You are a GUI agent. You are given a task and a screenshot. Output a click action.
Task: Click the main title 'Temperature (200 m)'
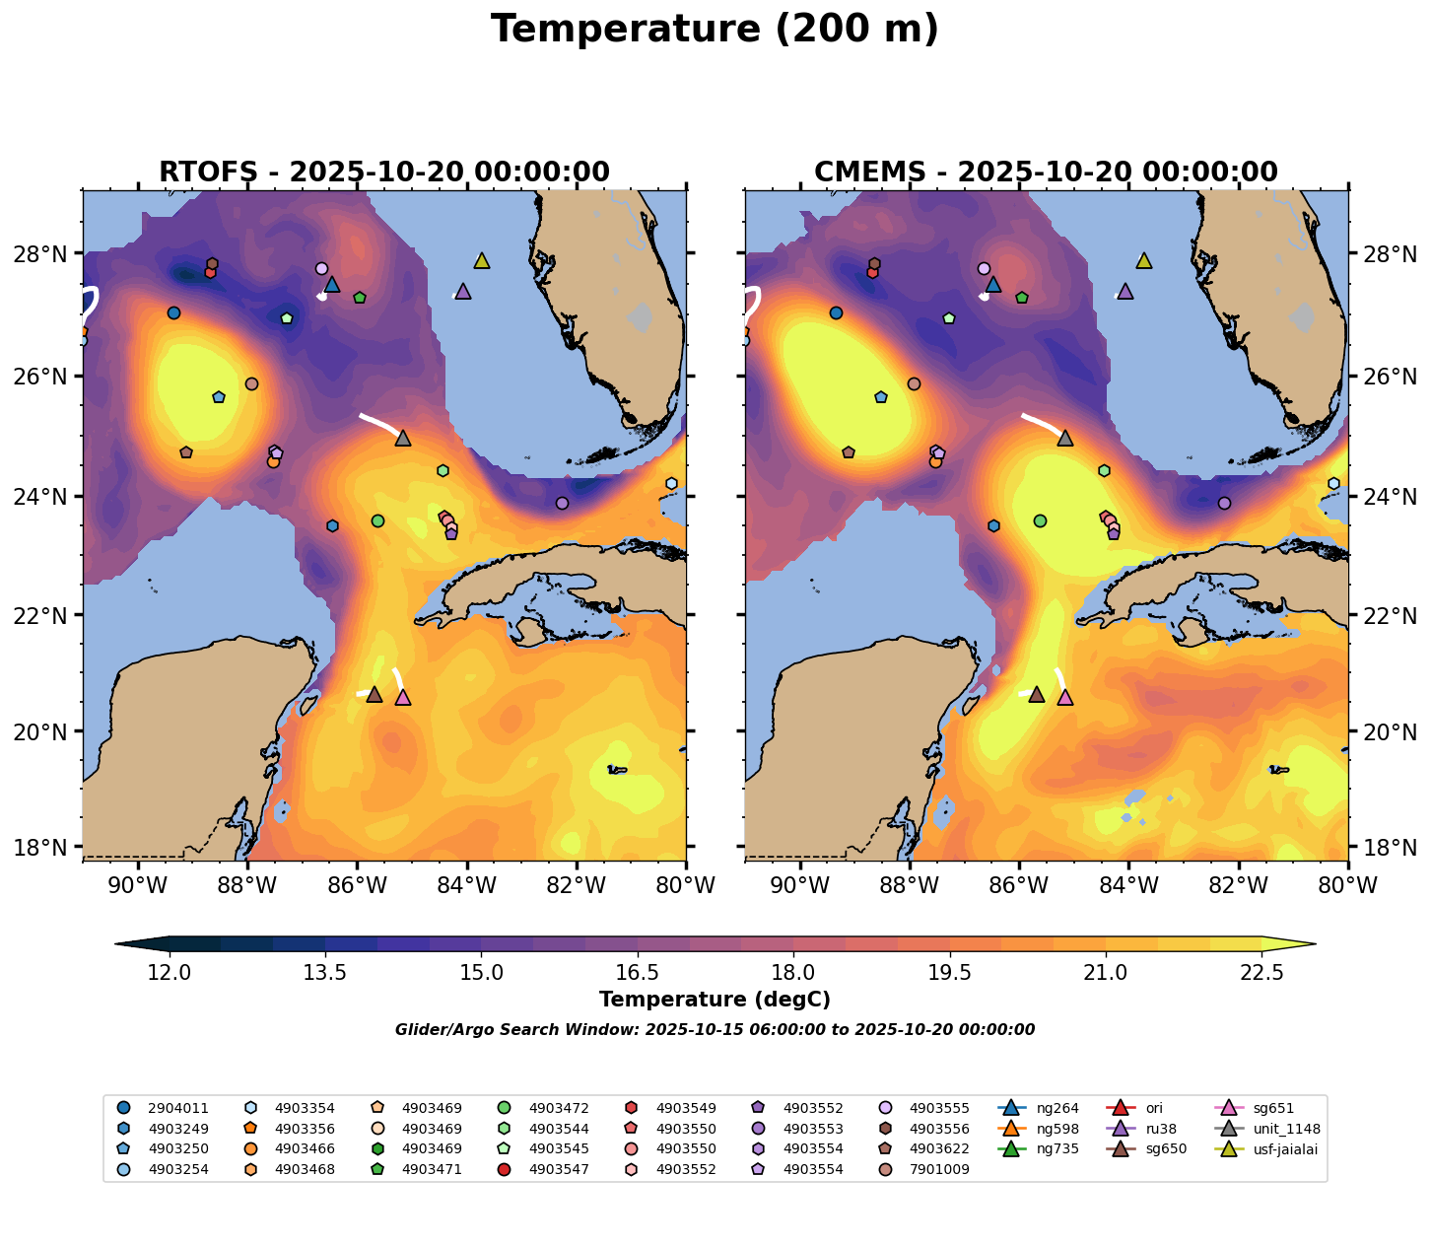coord(715,30)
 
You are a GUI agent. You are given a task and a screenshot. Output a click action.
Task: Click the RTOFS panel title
coord(383,173)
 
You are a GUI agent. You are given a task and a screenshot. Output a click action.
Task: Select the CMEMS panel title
coord(1046,173)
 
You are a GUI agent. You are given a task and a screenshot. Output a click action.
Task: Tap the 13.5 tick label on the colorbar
coord(325,973)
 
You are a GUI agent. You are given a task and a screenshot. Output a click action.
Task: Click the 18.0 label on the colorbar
coord(793,973)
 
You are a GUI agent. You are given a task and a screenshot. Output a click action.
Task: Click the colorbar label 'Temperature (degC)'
coord(715,1000)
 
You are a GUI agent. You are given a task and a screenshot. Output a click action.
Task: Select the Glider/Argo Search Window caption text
coord(715,1030)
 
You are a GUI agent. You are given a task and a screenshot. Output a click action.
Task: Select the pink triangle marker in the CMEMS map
coord(1064,698)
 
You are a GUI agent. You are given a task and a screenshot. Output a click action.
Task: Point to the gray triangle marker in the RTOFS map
coord(403,439)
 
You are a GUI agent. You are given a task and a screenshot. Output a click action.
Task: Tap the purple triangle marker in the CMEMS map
coord(1124,292)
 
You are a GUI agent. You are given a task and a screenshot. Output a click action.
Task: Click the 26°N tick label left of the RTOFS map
coord(53,377)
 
